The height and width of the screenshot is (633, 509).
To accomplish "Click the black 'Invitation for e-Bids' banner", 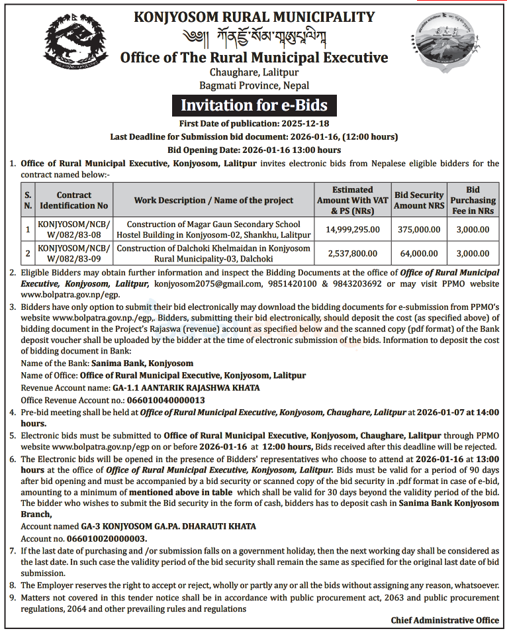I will click(x=254, y=105).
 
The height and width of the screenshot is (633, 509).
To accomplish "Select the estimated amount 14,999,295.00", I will click(x=353, y=230).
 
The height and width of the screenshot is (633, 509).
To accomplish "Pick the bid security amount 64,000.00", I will click(x=418, y=253).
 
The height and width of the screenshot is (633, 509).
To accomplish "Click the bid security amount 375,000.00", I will click(x=418, y=230).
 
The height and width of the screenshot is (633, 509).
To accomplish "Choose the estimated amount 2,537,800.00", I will click(x=353, y=253).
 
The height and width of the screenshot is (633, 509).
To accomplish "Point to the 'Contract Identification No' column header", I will click(x=74, y=200).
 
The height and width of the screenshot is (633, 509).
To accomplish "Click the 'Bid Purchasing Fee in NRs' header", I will click(x=473, y=200).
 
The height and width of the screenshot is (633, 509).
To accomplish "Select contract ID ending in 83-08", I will click(x=74, y=230).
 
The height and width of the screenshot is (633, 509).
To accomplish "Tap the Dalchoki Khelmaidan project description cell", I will click(x=213, y=253).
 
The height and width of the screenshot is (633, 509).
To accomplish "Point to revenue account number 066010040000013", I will click(x=158, y=400).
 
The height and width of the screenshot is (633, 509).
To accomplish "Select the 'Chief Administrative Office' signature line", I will click(x=445, y=620).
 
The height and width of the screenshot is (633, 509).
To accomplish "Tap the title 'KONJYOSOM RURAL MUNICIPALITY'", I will click(x=254, y=17).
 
